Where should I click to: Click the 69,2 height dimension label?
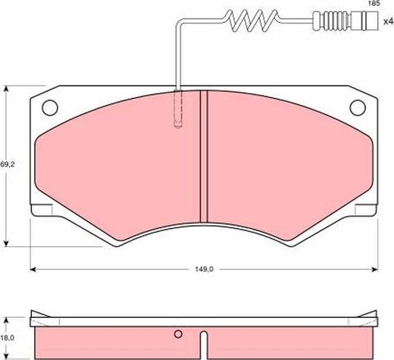pyautogui.click(x=6, y=164)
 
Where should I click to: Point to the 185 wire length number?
pyautogui.click(x=372, y=4)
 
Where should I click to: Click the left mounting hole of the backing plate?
pyautogui.click(x=50, y=106)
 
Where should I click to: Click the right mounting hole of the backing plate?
pyautogui.click(x=357, y=106)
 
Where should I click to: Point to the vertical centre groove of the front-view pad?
pyautogui.click(x=203, y=156)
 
